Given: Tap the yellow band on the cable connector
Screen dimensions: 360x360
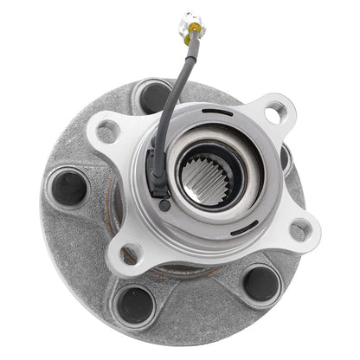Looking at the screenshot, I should pyautogui.click(x=191, y=33).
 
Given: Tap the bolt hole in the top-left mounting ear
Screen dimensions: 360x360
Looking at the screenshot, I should pyautogui.click(x=107, y=132).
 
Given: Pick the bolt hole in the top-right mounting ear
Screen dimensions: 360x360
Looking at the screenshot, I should pyautogui.click(x=275, y=111).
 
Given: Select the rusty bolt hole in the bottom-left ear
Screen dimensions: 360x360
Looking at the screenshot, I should pyautogui.click(x=131, y=253).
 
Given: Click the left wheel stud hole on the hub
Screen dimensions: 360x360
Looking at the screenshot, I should pyautogui.click(x=69, y=187).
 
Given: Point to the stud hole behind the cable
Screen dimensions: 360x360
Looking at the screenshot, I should pyautogui.click(x=153, y=95).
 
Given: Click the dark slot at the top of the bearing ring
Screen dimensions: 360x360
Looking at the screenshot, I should pyautogui.click(x=222, y=113).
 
